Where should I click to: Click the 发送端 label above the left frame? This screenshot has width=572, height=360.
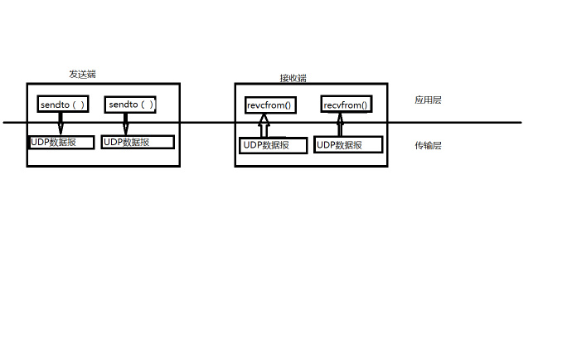click(x=82, y=74)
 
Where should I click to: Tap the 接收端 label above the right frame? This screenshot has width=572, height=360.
click(x=293, y=78)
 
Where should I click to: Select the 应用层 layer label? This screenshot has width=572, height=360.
click(x=428, y=100)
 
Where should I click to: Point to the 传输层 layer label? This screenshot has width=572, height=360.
click(x=428, y=145)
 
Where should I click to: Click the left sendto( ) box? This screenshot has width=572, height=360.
click(x=62, y=105)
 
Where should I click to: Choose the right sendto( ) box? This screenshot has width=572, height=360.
click(x=131, y=105)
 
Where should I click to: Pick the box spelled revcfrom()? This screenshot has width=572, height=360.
click(x=270, y=105)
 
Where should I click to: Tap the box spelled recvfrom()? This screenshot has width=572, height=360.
click(x=346, y=105)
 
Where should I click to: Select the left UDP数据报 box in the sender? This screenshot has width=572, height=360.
click(x=61, y=142)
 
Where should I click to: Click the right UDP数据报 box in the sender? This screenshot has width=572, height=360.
click(x=138, y=142)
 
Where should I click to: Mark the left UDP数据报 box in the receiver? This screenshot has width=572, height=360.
click(x=274, y=146)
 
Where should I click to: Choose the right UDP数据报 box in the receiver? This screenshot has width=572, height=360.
click(x=348, y=146)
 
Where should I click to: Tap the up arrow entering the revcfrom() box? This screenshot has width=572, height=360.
click(x=264, y=126)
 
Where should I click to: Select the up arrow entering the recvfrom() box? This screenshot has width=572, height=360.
click(x=339, y=126)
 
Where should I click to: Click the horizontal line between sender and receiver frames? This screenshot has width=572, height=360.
click(x=207, y=123)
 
